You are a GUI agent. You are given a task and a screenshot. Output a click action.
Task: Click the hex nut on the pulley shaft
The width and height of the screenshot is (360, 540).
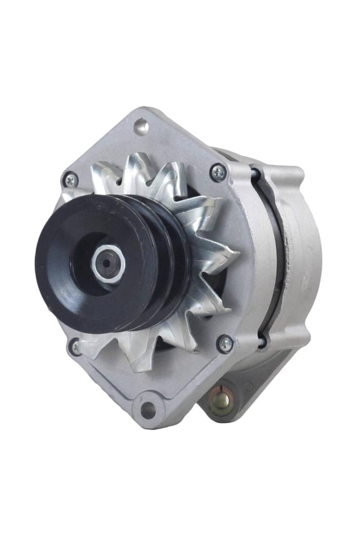(109, 264)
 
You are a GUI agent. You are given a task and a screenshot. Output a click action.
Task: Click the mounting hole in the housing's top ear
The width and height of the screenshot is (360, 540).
(142, 127)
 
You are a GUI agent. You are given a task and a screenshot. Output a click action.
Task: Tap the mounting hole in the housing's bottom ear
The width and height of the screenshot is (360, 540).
(148, 410)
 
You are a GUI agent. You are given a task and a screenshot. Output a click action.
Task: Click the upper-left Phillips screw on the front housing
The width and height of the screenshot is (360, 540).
(71, 181)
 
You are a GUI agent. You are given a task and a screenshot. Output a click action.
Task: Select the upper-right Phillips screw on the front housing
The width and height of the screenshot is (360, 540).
(218, 172)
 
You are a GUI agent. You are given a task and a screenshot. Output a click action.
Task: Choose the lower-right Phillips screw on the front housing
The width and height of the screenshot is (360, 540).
(224, 343)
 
